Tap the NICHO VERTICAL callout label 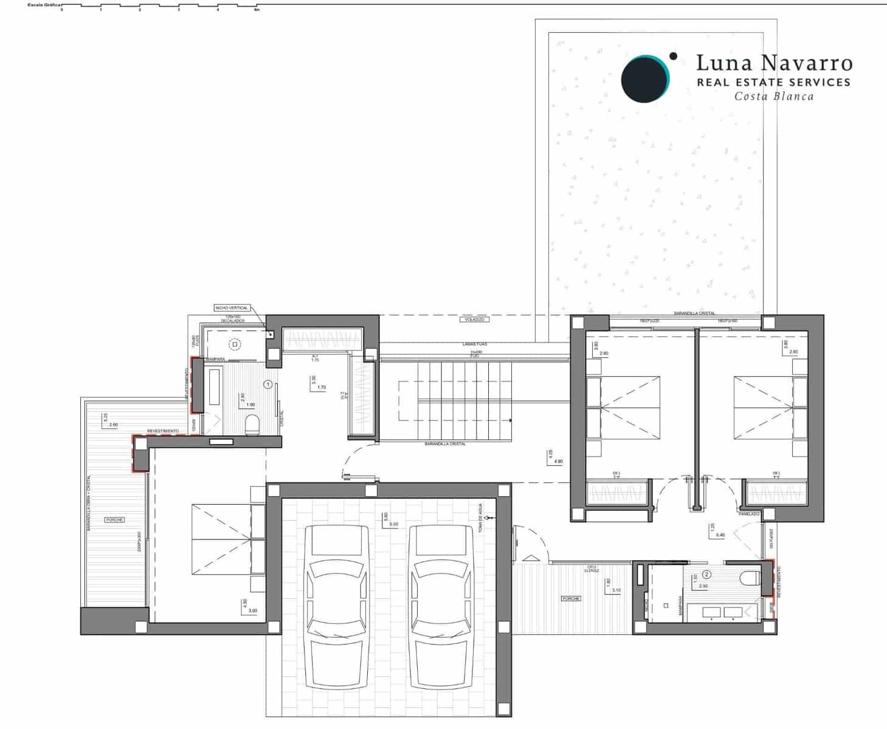click(x=232, y=308)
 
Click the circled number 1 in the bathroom click(x=267, y=385)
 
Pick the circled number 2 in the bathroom click(x=706, y=574)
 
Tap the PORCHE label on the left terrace click(x=114, y=520)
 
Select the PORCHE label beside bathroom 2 click(x=571, y=598)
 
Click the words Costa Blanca click(x=773, y=96)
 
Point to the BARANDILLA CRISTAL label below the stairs click(x=446, y=444)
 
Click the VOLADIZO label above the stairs click(x=475, y=319)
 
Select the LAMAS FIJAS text click(x=475, y=344)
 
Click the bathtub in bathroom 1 click(x=214, y=387)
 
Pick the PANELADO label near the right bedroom click(x=749, y=514)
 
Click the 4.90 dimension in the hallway click(x=558, y=462)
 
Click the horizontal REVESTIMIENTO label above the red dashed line click(x=163, y=431)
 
